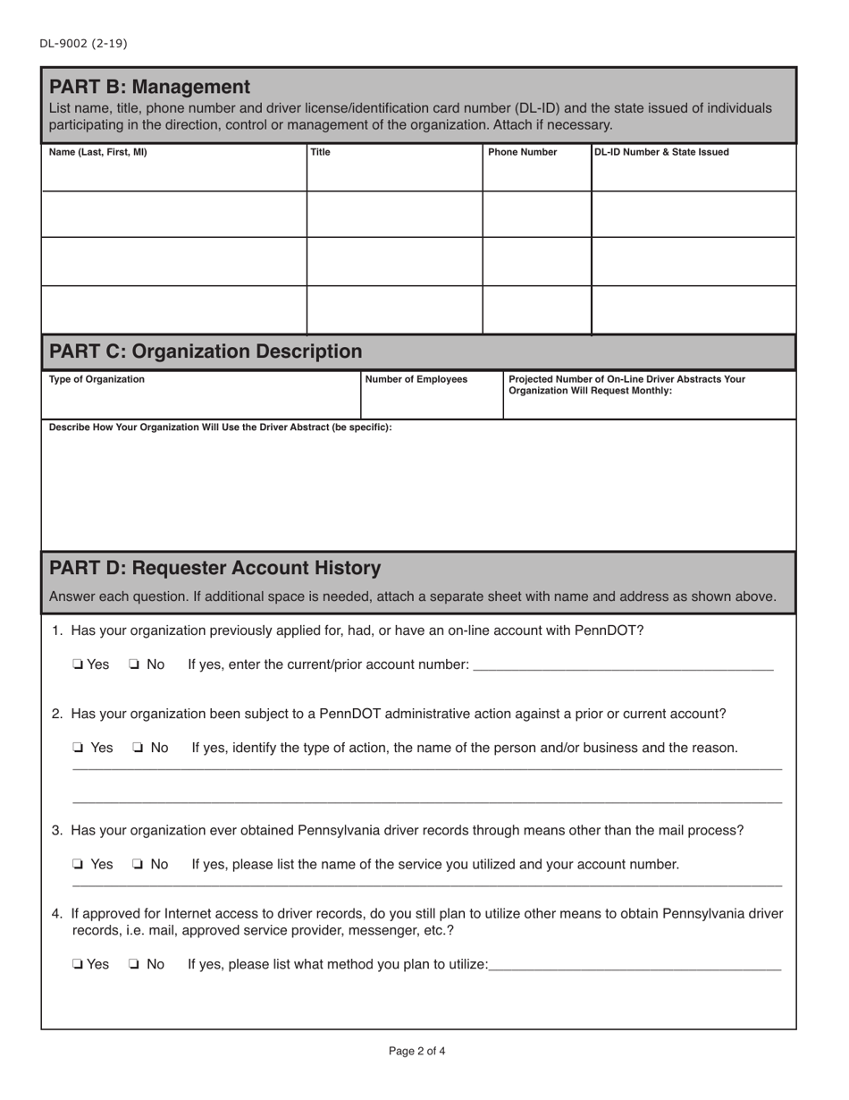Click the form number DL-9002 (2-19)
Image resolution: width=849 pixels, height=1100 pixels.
coord(76,43)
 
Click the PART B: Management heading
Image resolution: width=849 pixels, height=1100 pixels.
coord(149,87)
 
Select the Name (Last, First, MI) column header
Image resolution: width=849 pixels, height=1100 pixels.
coord(97,152)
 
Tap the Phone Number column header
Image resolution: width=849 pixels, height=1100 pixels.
coord(523,152)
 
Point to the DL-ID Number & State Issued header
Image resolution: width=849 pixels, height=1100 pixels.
coord(661,152)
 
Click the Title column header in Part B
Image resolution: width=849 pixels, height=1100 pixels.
coord(320,152)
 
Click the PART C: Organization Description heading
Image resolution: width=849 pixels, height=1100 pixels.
coord(206,351)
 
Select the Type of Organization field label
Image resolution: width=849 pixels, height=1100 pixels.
coord(97,379)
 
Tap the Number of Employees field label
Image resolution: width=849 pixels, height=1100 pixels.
coord(416,379)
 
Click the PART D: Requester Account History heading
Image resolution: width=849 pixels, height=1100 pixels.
coord(214,568)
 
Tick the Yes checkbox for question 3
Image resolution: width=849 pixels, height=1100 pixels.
coord(79,865)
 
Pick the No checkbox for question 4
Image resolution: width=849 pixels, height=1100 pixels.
coord(134,965)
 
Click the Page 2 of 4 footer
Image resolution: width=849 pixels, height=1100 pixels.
coord(416,1052)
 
